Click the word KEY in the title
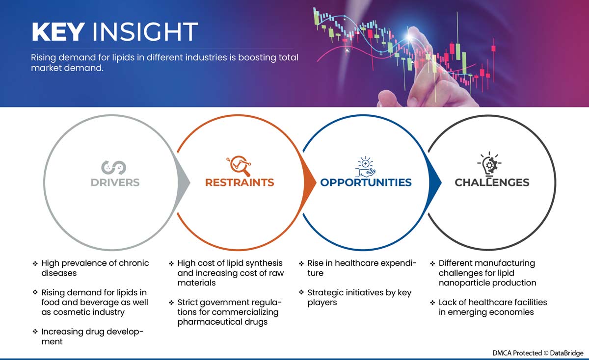[x=58, y=32]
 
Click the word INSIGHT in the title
[x=145, y=32]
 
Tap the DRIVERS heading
[x=115, y=182]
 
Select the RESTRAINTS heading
[x=240, y=182]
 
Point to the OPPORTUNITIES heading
[x=366, y=182]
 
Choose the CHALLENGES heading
[x=492, y=182]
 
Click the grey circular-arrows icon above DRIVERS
[x=114, y=167]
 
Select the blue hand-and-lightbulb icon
[x=366, y=167]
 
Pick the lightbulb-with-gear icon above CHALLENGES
[x=489, y=163]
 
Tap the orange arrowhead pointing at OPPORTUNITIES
[x=310, y=182]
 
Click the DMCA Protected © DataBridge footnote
[x=538, y=353]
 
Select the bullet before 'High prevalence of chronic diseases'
[x=35, y=263]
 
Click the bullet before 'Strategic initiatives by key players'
[x=301, y=292]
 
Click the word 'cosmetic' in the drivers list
[x=70, y=312]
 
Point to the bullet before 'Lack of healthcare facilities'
[x=432, y=303]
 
